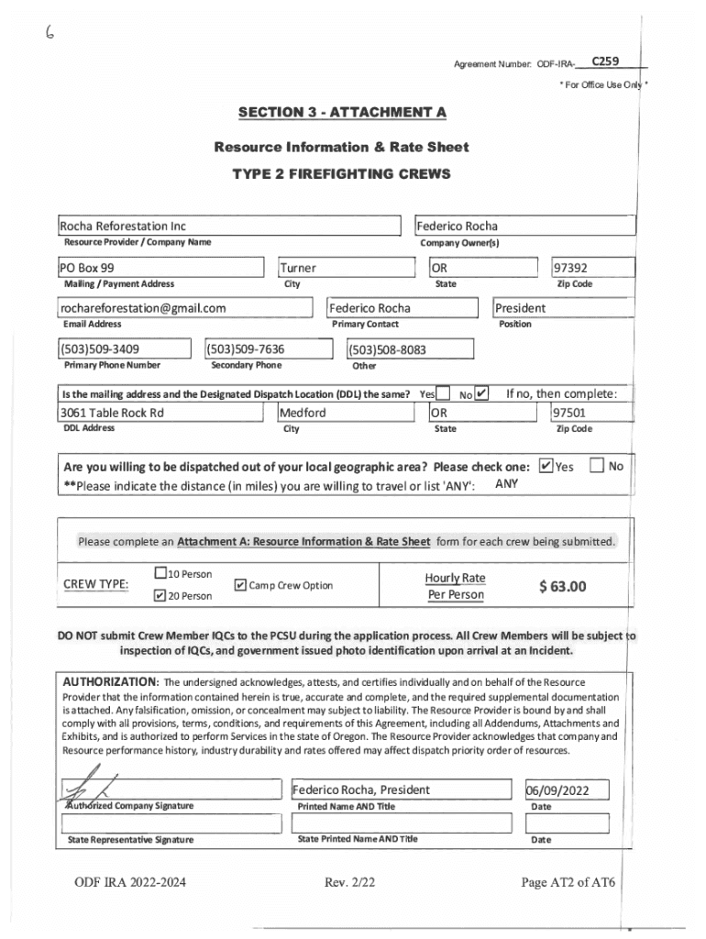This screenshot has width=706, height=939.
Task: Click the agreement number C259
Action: (x=604, y=61)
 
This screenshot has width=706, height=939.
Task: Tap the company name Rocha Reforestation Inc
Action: (x=122, y=226)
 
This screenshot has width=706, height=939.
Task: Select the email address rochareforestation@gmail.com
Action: (x=143, y=308)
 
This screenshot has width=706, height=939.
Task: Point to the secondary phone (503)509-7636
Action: (x=246, y=348)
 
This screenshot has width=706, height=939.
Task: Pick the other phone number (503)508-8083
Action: (x=388, y=349)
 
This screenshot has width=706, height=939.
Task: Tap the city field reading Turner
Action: (x=298, y=268)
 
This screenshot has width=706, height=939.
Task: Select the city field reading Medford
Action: (x=303, y=413)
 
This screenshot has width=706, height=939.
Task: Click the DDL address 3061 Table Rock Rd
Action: (x=112, y=413)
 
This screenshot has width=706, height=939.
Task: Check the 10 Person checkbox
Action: (x=160, y=574)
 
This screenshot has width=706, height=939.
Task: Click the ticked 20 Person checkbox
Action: (x=160, y=596)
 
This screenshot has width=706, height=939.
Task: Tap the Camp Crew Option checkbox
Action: (x=240, y=585)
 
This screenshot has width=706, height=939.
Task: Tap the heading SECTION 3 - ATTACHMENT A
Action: (x=341, y=113)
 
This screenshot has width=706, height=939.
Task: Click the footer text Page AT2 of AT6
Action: (x=568, y=883)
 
